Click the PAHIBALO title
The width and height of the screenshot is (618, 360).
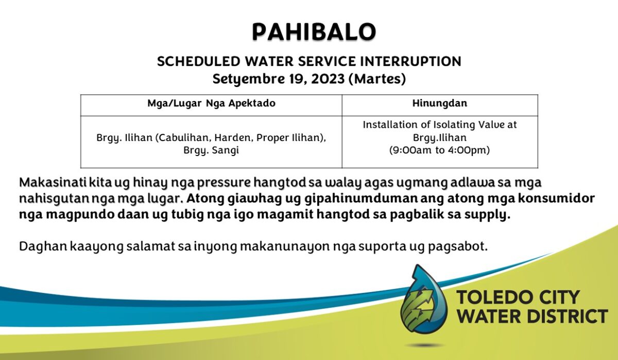314,32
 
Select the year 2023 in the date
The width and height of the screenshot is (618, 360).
328,79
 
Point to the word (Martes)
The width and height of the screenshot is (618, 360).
377,79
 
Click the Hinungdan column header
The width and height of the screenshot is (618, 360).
440,103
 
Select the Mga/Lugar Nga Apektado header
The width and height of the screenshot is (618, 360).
211,104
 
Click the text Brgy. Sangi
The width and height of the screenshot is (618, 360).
211,150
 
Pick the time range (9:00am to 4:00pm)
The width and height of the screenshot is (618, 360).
439,150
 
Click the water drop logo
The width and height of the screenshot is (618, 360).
424,300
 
